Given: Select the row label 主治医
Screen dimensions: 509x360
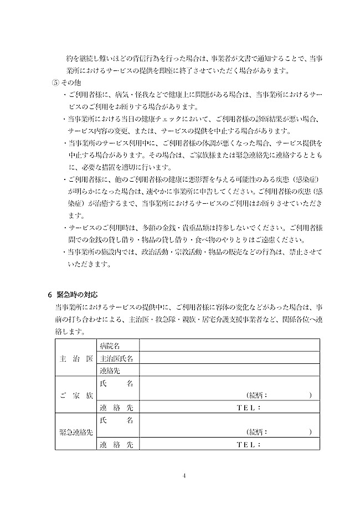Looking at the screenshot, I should click(x=75, y=358).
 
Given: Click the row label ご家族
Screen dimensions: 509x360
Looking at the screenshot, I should click(x=75, y=395).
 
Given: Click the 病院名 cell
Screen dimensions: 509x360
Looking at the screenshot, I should click(x=110, y=346).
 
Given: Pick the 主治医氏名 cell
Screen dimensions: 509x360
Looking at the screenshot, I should click(x=116, y=358).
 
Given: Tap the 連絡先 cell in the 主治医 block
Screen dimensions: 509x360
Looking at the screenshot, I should click(x=110, y=371).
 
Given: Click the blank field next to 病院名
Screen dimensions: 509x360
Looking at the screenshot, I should click(x=230, y=346).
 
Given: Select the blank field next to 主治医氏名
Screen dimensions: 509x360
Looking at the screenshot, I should click(x=230, y=358).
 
